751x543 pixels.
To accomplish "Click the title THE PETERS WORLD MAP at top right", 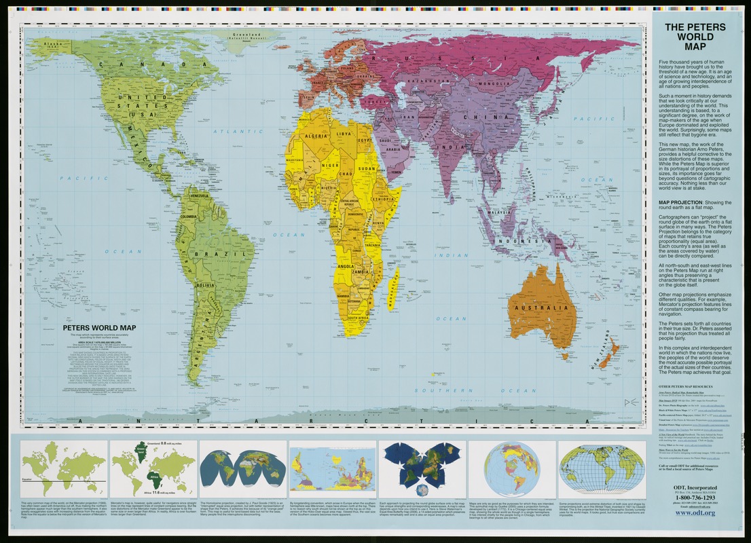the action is [x=695, y=37].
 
